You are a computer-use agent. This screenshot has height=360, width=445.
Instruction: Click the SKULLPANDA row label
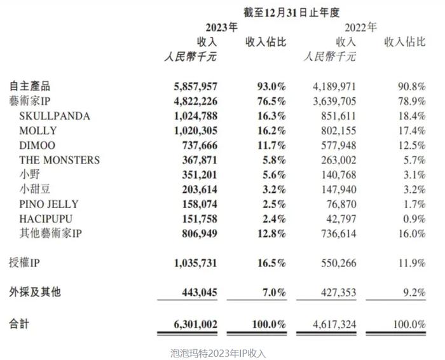[x=55, y=116]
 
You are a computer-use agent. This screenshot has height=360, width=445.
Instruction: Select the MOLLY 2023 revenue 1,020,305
[x=196, y=130]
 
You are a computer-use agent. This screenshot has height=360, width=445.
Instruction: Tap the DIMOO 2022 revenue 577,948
[x=339, y=146]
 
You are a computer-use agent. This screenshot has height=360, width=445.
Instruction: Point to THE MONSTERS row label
[x=60, y=160]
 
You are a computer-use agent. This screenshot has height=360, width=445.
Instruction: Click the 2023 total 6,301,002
[x=196, y=324]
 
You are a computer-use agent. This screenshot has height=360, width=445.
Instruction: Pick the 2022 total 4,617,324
[x=334, y=324]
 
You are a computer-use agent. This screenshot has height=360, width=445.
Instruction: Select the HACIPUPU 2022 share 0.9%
[x=414, y=219]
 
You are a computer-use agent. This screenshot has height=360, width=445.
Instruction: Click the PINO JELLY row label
[x=49, y=204]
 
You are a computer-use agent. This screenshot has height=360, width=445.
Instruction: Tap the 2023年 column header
[x=222, y=27]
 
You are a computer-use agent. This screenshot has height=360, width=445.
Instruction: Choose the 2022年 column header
[x=360, y=27]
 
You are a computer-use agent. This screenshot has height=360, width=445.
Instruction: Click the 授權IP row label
[x=24, y=263]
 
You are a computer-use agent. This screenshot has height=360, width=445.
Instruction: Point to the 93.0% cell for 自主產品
[x=271, y=87]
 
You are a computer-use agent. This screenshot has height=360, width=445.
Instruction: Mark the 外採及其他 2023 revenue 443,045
[x=200, y=292]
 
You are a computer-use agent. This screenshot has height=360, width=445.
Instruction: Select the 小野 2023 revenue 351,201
[x=200, y=175]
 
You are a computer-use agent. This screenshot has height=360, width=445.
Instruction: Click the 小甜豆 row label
[x=35, y=189]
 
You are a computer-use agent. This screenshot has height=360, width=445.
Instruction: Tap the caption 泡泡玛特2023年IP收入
[x=218, y=353]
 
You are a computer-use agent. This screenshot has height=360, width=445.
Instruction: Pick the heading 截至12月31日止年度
[x=291, y=13]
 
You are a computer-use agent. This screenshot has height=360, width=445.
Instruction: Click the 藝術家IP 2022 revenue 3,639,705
[x=334, y=101]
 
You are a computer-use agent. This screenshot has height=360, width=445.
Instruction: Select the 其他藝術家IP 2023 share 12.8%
[x=271, y=233]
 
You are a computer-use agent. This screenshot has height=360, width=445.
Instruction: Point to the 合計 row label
[x=19, y=324]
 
